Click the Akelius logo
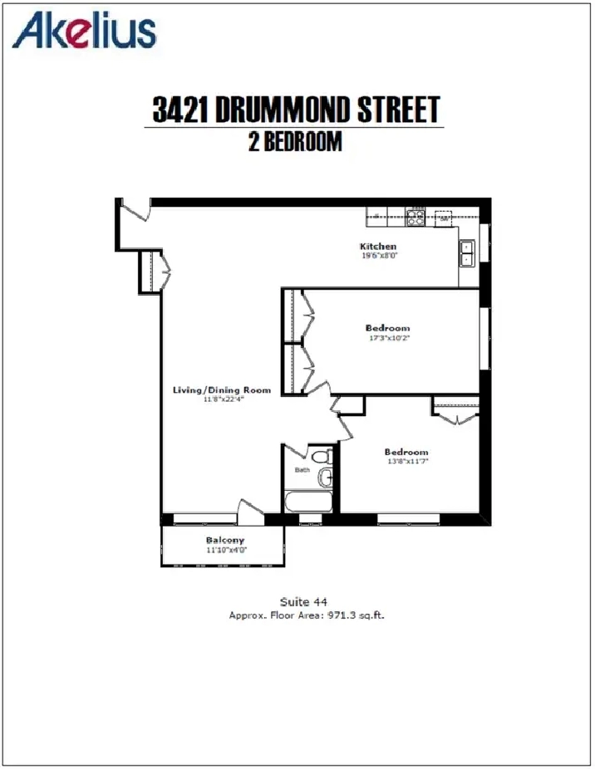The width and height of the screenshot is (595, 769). tap(84, 31)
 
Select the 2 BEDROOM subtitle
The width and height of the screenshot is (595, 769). tap(295, 142)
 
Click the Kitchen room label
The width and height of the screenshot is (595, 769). tap(378, 246)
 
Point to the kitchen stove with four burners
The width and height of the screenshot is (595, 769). tap(416, 216)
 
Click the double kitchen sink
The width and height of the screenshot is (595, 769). tap(467, 253)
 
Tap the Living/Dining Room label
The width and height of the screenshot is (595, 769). tap(222, 389)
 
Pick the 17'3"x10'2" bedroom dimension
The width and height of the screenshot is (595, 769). tap(389, 338)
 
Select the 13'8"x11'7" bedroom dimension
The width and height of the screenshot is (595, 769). tap(408, 461)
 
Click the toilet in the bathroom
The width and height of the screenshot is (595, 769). tap(322, 457)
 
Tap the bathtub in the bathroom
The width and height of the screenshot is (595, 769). tap(308, 502)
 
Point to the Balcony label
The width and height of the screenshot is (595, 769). tap(225, 540)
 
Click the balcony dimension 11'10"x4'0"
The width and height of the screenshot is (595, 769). tap(226, 550)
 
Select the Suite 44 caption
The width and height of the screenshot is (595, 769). tap(303, 602)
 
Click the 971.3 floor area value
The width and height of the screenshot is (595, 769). tap(342, 615)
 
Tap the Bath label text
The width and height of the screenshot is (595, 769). tap(302, 470)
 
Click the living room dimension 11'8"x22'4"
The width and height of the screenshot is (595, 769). tap(224, 399)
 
